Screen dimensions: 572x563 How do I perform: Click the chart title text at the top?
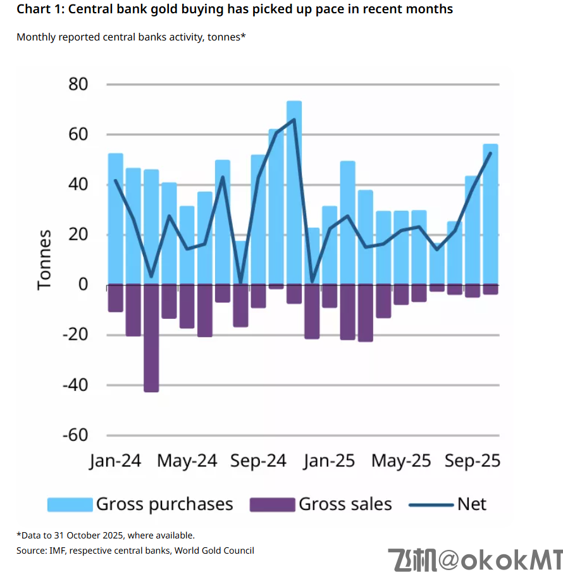coord(235,9)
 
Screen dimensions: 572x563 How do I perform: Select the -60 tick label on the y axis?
coord(74,435)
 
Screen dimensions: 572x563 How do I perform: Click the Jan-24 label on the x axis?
coord(114,461)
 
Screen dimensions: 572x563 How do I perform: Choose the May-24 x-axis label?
coord(187,461)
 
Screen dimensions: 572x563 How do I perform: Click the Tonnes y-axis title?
coord(44,259)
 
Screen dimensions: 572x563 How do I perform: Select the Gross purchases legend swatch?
coord(70,504)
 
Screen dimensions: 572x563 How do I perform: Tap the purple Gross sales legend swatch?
coord(273,504)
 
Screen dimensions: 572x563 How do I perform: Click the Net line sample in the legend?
coord(431,504)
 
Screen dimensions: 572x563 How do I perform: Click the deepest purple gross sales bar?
coord(151,339)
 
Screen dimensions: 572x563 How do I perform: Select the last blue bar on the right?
coord(490,215)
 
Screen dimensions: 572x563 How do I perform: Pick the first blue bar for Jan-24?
coord(116,218)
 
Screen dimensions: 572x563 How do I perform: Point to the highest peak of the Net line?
coord(294,119)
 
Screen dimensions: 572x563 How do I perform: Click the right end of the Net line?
coord(491,152)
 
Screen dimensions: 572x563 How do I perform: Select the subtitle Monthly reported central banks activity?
coord(130,37)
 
